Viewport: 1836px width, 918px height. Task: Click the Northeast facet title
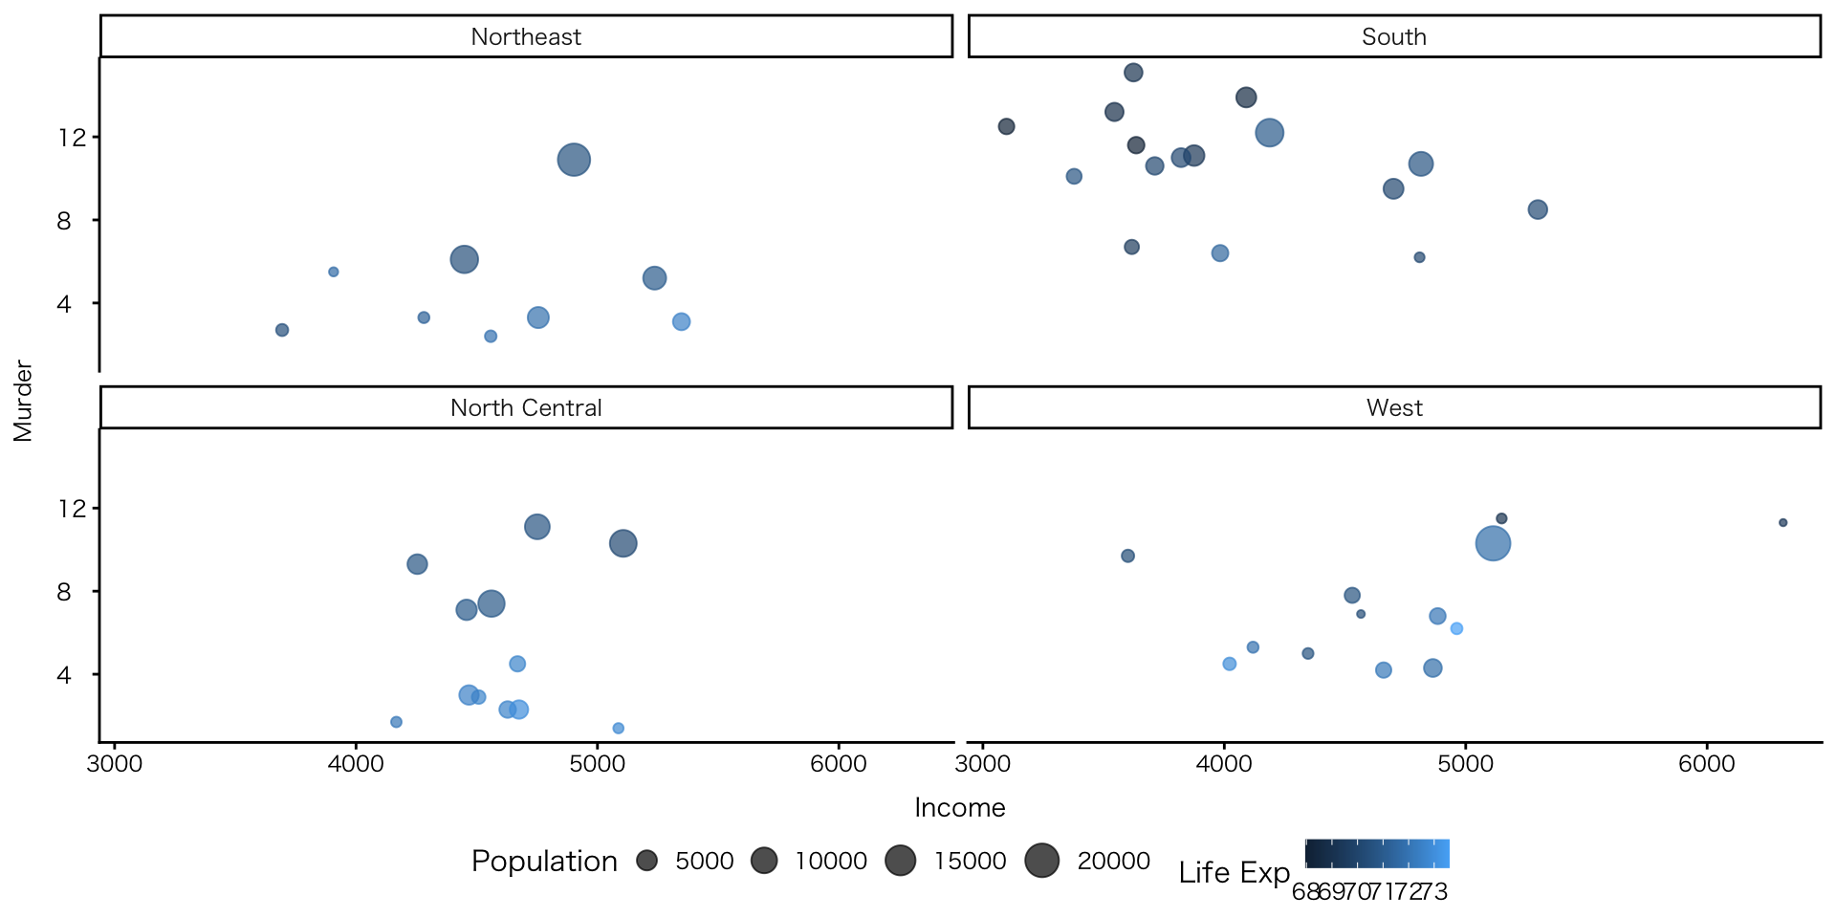click(x=526, y=36)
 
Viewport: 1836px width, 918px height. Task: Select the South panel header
click(x=1393, y=36)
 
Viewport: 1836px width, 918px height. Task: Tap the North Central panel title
click(x=526, y=407)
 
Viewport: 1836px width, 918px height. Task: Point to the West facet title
click(x=1393, y=407)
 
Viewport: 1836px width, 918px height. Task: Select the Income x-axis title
click(x=959, y=808)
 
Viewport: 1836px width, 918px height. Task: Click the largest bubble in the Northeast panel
click(x=574, y=160)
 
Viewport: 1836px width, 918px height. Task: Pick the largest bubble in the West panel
click(x=1493, y=544)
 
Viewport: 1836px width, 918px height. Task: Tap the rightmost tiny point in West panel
click(x=1782, y=523)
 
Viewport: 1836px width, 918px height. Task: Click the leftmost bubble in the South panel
click(x=1006, y=126)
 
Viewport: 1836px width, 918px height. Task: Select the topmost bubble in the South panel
click(x=1133, y=73)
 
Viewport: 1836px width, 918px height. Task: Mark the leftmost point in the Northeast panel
click(x=282, y=330)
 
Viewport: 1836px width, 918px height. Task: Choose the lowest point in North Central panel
click(x=618, y=729)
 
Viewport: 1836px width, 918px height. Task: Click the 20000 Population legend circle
click(x=1041, y=861)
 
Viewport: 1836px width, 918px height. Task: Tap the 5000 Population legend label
click(x=704, y=861)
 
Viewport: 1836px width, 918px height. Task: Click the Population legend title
click(x=544, y=861)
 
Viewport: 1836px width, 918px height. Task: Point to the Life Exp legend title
click(x=1234, y=872)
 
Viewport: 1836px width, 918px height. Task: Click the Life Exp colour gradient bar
click(x=1377, y=853)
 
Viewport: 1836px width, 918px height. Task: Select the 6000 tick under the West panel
click(x=1707, y=764)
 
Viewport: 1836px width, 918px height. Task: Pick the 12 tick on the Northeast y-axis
click(x=72, y=138)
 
